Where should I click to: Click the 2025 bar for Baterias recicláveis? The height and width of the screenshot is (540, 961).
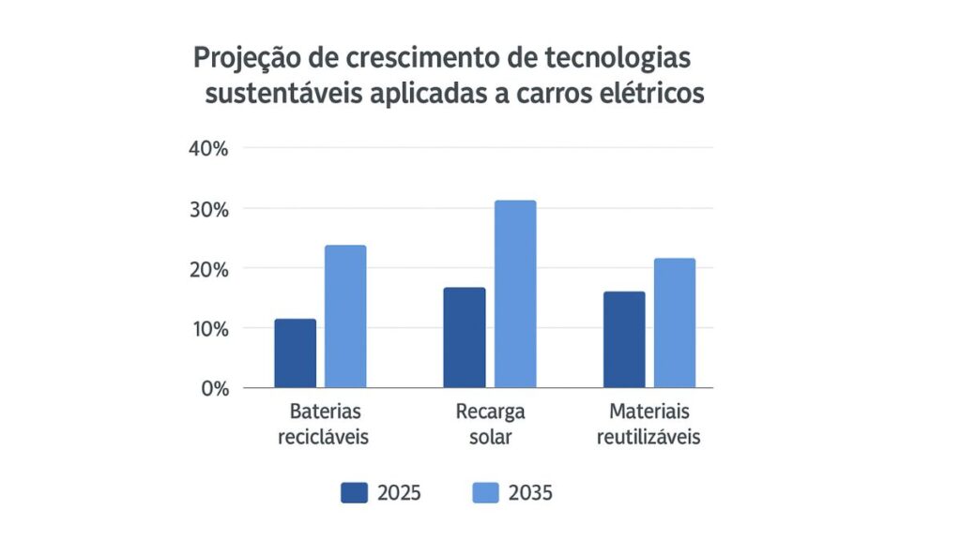tap(296, 353)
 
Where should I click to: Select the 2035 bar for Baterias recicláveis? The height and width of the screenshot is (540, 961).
tap(345, 317)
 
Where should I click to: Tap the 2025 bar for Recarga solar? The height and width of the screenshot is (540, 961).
tap(465, 337)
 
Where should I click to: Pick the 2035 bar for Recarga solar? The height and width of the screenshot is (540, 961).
tap(515, 293)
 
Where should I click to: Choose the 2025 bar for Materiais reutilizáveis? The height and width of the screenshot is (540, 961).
tap(624, 339)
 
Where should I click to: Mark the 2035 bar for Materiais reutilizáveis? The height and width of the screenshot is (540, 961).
tap(675, 322)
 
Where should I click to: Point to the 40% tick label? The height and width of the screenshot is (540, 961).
tap(208, 149)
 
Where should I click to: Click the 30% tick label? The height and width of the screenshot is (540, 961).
tap(208, 209)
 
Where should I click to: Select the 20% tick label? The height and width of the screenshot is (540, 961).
tap(208, 269)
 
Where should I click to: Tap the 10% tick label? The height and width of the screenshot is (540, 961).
tap(208, 329)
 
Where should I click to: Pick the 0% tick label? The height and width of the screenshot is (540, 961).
tap(214, 388)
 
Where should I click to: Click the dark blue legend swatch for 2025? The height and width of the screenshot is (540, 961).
tap(354, 493)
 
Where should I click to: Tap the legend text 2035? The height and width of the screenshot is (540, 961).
tap(530, 493)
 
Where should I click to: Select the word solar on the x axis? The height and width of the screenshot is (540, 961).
tap(490, 438)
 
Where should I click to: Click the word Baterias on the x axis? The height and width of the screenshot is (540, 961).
tap(325, 412)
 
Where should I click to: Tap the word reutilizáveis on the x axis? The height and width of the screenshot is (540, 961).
tap(648, 438)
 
